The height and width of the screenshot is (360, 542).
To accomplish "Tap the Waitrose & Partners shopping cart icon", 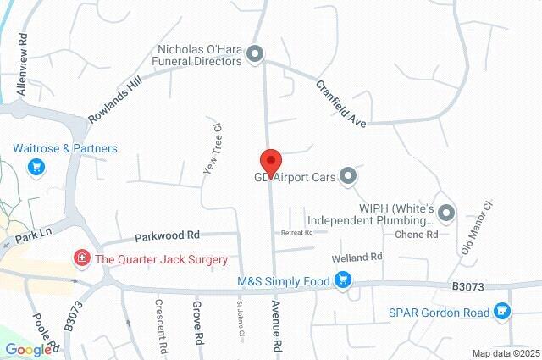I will click(36, 166).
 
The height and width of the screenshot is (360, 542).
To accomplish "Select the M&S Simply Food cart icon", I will click(343, 280).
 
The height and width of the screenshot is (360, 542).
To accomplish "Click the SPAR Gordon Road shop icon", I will click(503, 313).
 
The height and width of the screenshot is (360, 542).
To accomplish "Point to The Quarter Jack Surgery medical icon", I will click(82, 259).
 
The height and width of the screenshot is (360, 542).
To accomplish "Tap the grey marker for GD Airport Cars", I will click(348, 176).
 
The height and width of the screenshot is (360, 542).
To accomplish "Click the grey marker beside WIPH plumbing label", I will click(446, 213).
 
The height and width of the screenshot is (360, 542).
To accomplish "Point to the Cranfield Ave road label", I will click(341, 104).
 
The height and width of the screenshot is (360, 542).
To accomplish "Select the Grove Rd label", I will click(198, 324).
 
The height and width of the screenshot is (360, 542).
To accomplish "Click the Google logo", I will click(27, 350).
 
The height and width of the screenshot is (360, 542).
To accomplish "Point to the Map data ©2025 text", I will click(506, 353).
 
